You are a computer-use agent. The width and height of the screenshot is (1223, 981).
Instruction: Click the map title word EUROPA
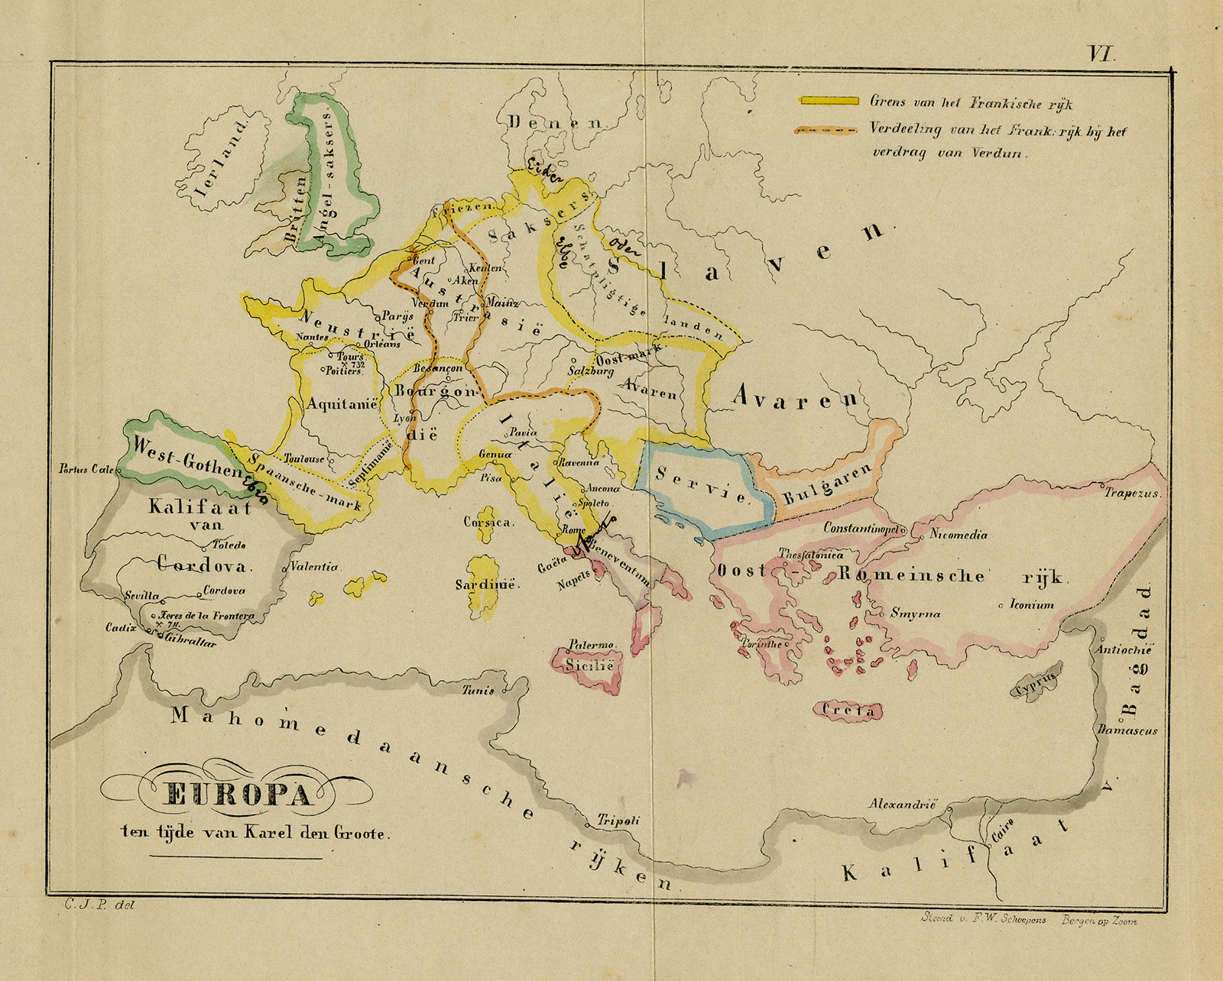coord(238,795)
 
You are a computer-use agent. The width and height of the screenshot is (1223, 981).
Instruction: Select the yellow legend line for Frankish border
coord(829,101)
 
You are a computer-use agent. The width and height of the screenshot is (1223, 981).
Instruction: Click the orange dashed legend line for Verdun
coord(829,131)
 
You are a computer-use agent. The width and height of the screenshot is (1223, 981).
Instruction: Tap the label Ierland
coord(222,159)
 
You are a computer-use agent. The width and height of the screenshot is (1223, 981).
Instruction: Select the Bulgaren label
coord(827,484)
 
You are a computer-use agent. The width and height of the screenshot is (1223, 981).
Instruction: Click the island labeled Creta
coord(848,711)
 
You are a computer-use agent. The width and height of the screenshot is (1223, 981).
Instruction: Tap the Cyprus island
coord(1036,682)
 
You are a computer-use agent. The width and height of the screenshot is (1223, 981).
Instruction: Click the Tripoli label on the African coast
coord(618,821)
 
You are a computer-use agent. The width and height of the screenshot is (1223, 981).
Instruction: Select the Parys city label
coord(397,316)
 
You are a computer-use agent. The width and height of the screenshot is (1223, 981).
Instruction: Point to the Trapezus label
coord(1132,494)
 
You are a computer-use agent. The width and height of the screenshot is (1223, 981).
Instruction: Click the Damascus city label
coord(1127,730)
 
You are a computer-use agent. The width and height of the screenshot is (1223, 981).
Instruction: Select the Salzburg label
coord(590,371)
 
